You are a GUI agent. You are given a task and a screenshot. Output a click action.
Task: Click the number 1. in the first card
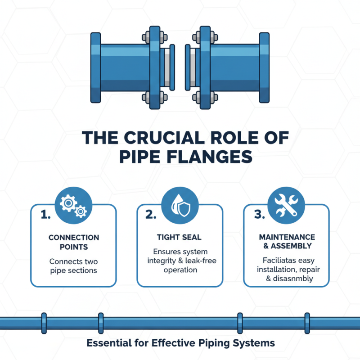coord(45,215)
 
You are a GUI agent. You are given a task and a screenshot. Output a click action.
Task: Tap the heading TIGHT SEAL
coord(180,237)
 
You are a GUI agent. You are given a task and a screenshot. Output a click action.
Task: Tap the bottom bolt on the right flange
coord(198,96)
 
